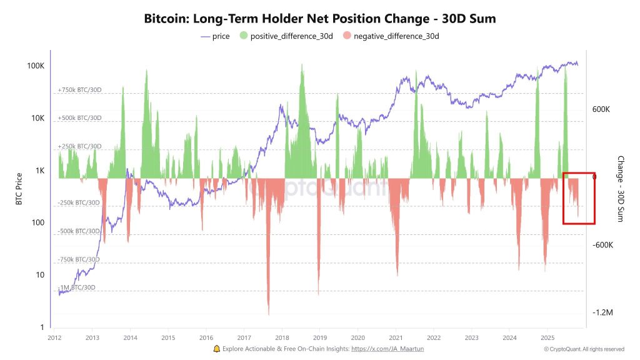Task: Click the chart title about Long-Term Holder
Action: pos(319,19)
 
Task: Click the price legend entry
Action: pos(215,36)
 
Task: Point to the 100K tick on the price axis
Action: pos(34,66)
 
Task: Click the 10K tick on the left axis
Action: pos(36,119)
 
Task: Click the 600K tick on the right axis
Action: pos(601,109)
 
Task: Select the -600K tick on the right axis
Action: pos(602,245)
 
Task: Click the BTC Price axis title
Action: pos(19,189)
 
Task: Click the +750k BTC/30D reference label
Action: pos(79,90)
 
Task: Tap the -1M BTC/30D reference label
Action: pos(77,287)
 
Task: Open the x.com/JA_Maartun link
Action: pos(388,349)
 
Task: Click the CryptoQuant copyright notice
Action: pos(584,349)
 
